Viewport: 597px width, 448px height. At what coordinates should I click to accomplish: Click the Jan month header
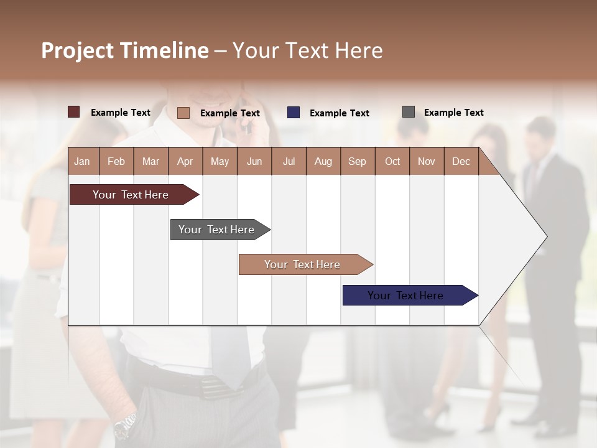click(83, 161)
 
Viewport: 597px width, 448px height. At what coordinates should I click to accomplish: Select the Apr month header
click(185, 161)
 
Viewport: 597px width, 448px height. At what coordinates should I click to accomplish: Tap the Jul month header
click(289, 161)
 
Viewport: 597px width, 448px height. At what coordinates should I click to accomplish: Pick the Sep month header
click(357, 161)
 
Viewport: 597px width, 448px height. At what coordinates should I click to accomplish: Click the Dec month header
click(461, 161)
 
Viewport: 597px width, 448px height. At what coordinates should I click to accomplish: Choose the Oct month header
click(392, 161)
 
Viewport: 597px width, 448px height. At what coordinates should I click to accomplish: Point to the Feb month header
click(116, 161)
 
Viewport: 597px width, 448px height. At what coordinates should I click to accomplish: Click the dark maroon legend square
click(74, 112)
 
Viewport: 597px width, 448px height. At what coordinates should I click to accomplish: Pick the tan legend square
click(183, 113)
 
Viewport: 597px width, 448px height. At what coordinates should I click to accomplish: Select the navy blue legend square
click(294, 113)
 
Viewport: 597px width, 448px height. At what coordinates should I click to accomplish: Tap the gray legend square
click(409, 112)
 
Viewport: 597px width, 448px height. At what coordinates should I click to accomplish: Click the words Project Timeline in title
click(125, 50)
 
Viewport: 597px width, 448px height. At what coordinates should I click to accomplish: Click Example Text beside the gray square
click(453, 113)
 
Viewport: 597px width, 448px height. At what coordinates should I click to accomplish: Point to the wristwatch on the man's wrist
click(125, 425)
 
